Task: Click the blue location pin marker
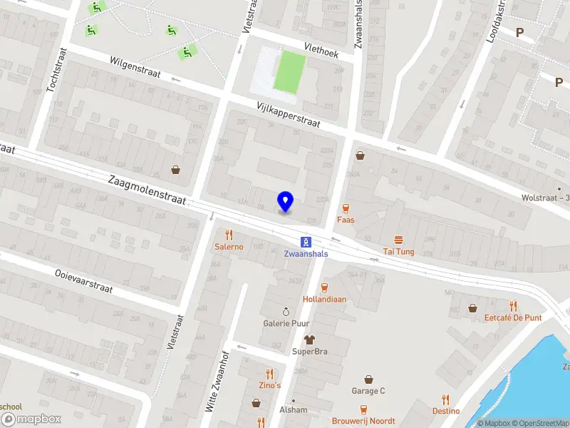pos(286,201)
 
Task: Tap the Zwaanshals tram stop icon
pos(306,241)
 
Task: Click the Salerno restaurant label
pos(229,246)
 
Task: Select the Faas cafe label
pos(346,220)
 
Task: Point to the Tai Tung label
pos(398,251)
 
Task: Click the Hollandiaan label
pos(324,299)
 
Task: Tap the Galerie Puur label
pos(286,323)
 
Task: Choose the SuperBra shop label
pos(309,351)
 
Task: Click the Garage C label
pos(368,390)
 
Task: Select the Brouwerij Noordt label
pos(363,420)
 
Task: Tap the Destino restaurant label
pos(445,410)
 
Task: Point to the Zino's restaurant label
pos(269,385)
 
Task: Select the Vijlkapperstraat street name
pos(289,115)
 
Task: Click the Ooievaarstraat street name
pos(84,281)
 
